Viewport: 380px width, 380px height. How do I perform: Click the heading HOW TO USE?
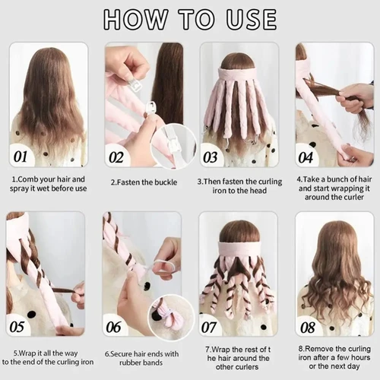point(190,18)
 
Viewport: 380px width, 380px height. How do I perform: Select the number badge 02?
point(117,157)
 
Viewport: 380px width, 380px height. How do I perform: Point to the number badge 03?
point(212,157)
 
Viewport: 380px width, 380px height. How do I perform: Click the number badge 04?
point(307,157)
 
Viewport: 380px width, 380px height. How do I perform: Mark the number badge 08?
point(308,327)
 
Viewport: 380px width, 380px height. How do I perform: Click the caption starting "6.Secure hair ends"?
point(142,357)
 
